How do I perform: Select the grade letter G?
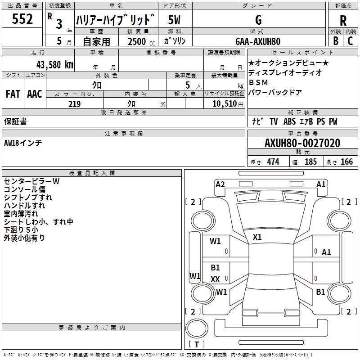point(258,20)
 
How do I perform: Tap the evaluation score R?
point(343,21)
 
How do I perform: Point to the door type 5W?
point(175,20)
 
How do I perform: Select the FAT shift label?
point(13,94)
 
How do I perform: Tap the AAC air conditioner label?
point(35,94)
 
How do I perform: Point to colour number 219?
point(74,104)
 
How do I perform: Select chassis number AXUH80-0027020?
point(302,143)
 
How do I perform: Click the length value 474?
point(273,162)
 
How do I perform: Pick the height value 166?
point(346,162)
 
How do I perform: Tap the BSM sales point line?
point(258,82)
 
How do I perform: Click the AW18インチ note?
point(23,143)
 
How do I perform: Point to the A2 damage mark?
point(220,184)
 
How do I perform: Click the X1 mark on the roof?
point(257,237)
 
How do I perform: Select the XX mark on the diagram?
point(215,279)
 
